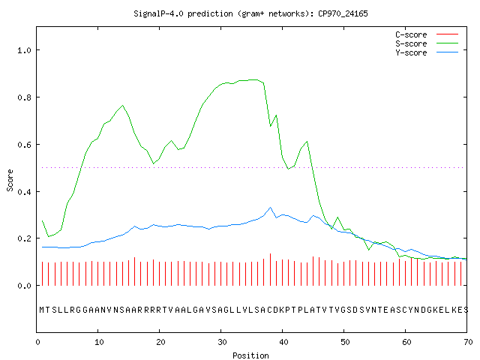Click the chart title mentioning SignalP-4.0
tap(250, 13)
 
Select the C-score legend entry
tap(427, 34)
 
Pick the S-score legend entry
tap(427, 43)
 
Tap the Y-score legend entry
tap(427, 52)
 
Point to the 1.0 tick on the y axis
tap(24, 50)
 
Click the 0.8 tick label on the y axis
tap(24, 97)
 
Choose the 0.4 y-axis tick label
tap(24, 192)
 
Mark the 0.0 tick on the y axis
tap(24, 286)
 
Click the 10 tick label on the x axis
tap(99, 342)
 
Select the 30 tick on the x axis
tap(222, 342)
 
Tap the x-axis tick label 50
tap(345, 342)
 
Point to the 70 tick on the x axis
tap(468, 342)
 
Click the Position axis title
tap(250, 355)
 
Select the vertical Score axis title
tap(10, 180)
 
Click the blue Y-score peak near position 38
tap(270, 208)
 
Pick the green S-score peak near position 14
tap(122, 106)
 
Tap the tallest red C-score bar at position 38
tap(270, 269)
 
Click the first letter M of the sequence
tap(42, 310)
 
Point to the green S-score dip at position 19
tap(153, 163)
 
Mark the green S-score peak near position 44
tap(307, 142)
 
